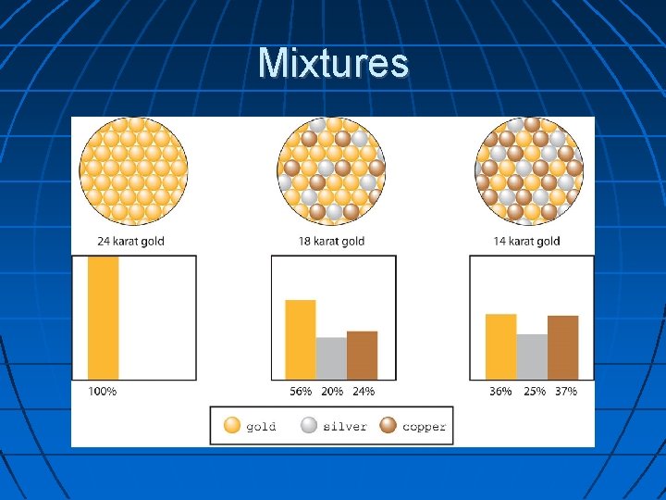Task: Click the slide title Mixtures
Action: pyautogui.click(x=333, y=63)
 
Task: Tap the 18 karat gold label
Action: pyautogui.click(x=332, y=242)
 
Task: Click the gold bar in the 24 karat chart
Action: pyautogui.click(x=103, y=317)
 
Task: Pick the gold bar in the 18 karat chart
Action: pyautogui.click(x=301, y=339)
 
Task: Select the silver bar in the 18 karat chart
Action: pyautogui.click(x=331, y=357)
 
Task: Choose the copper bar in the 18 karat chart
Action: pyautogui.click(x=362, y=355)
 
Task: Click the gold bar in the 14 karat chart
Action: pyautogui.click(x=500, y=346)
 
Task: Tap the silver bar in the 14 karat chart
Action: pyautogui.click(x=532, y=356)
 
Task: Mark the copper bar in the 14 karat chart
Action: pyautogui.click(x=562, y=347)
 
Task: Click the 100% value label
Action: pyautogui.click(x=102, y=392)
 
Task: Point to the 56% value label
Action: pyautogui.click(x=301, y=392)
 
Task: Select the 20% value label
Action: pyautogui.click(x=331, y=392)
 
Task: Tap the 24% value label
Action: pyautogui.click(x=363, y=392)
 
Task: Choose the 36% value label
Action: pyautogui.click(x=500, y=392)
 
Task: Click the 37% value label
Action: pyautogui.click(x=563, y=392)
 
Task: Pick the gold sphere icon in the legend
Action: pyautogui.click(x=232, y=426)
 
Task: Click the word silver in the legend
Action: pyautogui.click(x=345, y=427)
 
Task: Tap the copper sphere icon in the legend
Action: pyautogui.click(x=388, y=426)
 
